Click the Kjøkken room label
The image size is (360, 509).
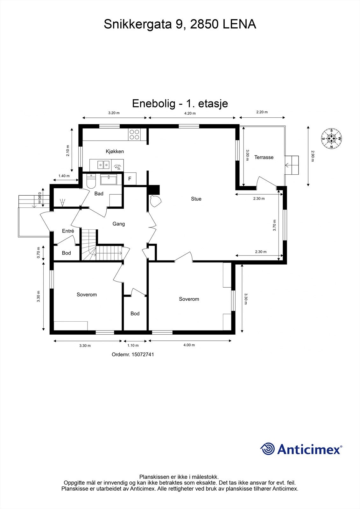(x=115, y=151)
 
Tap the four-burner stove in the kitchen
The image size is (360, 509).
(x=134, y=134)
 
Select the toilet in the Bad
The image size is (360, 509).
(x=91, y=182)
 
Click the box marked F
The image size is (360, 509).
(x=130, y=179)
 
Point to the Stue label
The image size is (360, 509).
(x=196, y=199)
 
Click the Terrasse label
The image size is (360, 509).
(x=264, y=157)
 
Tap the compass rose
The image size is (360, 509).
(x=332, y=138)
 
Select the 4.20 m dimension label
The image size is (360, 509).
(x=190, y=113)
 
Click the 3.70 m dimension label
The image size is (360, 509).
(x=275, y=225)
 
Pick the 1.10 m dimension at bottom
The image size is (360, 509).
(x=133, y=345)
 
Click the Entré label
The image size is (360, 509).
(x=68, y=231)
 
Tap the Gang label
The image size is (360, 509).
(x=119, y=224)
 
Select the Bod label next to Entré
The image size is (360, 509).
(x=67, y=253)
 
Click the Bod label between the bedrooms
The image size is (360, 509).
(x=135, y=314)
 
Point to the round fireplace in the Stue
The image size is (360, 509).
(x=155, y=201)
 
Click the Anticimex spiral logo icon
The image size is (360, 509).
(x=267, y=449)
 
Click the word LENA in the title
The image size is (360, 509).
(x=239, y=24)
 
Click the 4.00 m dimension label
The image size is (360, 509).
(x=189, y=345)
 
